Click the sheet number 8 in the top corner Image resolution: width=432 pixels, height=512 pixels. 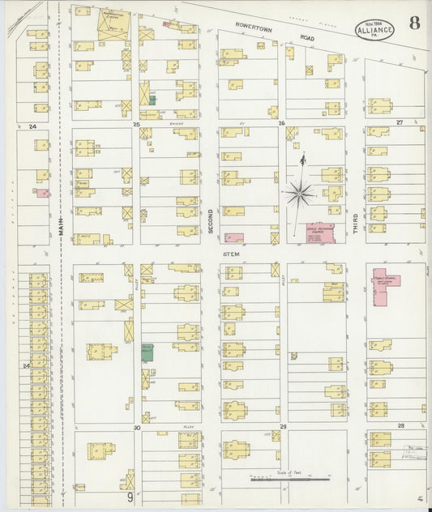pos(414,22)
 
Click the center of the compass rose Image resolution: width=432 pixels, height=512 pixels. pos(301,193)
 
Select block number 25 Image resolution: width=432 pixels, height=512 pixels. pos(137,124)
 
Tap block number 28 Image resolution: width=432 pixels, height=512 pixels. pos(400,425)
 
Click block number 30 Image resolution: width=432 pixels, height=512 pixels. pos(137,427)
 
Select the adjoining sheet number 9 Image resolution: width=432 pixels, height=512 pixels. pos(129,496)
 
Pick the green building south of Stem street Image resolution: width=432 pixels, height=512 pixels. pos(147,352)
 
